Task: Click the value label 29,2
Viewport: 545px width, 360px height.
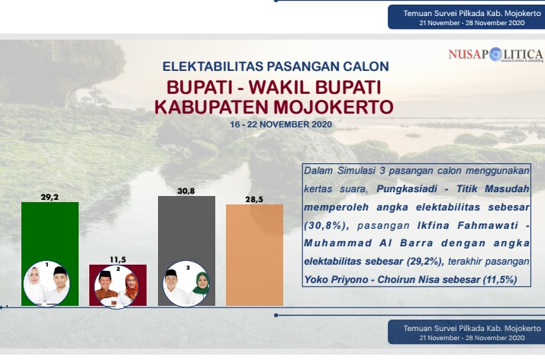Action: (x=50, y=197)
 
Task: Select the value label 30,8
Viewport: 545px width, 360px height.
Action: (x=187, y=191)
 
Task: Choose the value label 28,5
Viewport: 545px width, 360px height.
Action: (x=255, y=198)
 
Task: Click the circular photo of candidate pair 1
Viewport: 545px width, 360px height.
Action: (x=47, y=284)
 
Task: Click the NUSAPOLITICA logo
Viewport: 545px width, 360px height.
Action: (x=496, y=56)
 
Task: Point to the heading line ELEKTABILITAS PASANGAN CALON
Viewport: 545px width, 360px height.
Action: (x=276, y=66)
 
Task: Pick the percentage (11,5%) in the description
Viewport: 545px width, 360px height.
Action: (x=493, y=281)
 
